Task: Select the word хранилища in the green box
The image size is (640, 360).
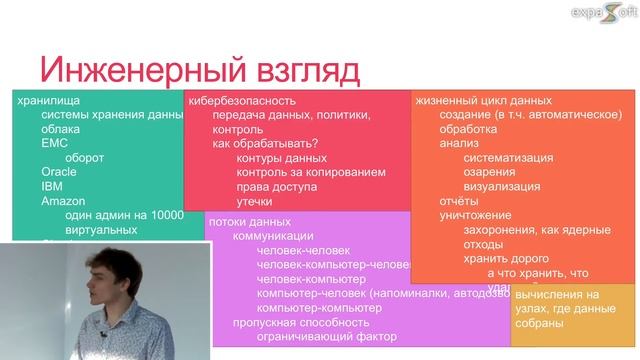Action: click(49, 100)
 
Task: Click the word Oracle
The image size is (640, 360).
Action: click(61, 171)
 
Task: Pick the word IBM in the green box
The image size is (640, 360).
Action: click(53, 185)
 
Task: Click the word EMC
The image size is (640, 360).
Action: click(55, 143)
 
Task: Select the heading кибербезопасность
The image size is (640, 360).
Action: click(242, 101)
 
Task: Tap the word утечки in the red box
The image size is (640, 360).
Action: click(254, 202)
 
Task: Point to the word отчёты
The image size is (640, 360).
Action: click(459, 201)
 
